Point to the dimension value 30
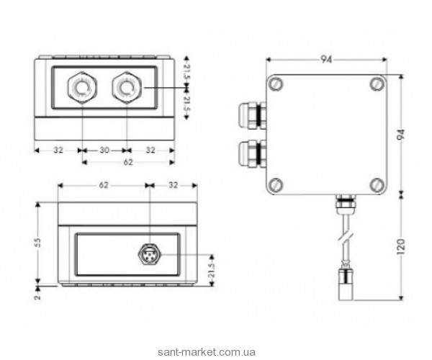tap(104, 151)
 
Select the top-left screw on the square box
tap(275, 85)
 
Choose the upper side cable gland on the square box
tap(250, 114)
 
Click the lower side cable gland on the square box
tap(250, 154)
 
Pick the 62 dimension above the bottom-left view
tap(104, 185)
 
